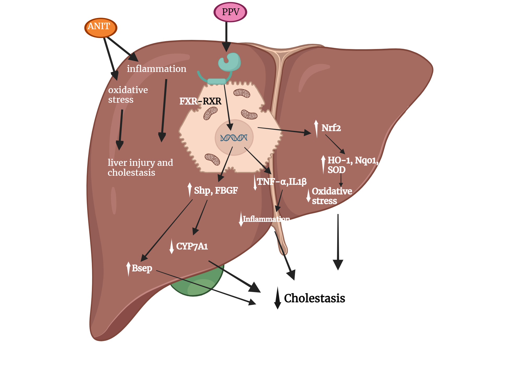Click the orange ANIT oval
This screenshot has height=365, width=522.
coord(100,28)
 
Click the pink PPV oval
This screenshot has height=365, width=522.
coord(230,12)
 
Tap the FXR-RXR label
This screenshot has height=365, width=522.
coord(200,101)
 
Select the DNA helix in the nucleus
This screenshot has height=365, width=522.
coord(234,138)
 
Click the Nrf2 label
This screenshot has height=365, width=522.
coord(331,128)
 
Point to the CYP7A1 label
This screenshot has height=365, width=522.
coord(192,246)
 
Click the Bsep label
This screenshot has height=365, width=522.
coord(142,268)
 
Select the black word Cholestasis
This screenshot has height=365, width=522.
coord(314,298)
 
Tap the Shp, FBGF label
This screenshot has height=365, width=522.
coord(216,191)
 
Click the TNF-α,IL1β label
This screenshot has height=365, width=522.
coord(281,182)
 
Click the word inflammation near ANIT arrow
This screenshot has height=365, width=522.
coord(157,69)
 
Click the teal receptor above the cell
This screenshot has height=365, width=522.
coord(229,63)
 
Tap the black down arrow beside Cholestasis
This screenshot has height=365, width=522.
coord(277,298)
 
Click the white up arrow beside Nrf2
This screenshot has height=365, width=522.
coord(316,129)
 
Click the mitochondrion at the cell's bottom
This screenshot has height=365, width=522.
coord(212,159)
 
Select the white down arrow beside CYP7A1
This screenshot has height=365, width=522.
coord(171,246)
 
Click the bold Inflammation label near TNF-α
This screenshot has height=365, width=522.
coord(266,219)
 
